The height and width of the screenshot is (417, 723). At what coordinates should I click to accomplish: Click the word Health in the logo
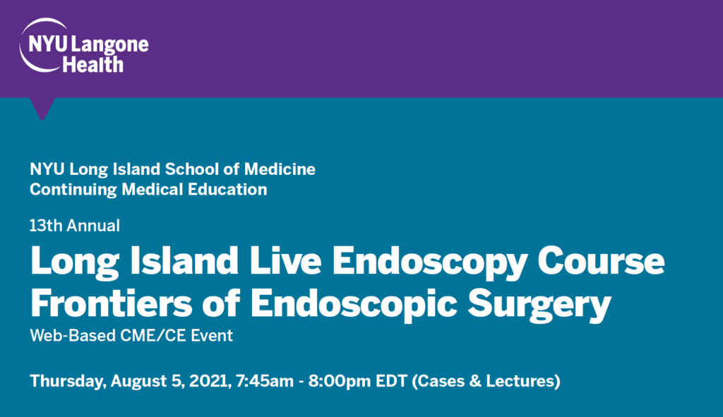pyautogui.click(x=92, y=65)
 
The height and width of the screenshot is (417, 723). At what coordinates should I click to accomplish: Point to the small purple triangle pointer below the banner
pyautogui.click(x=42, y=108)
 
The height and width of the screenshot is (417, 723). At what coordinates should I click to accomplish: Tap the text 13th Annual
pyautogui.click(x=75, y=226)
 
